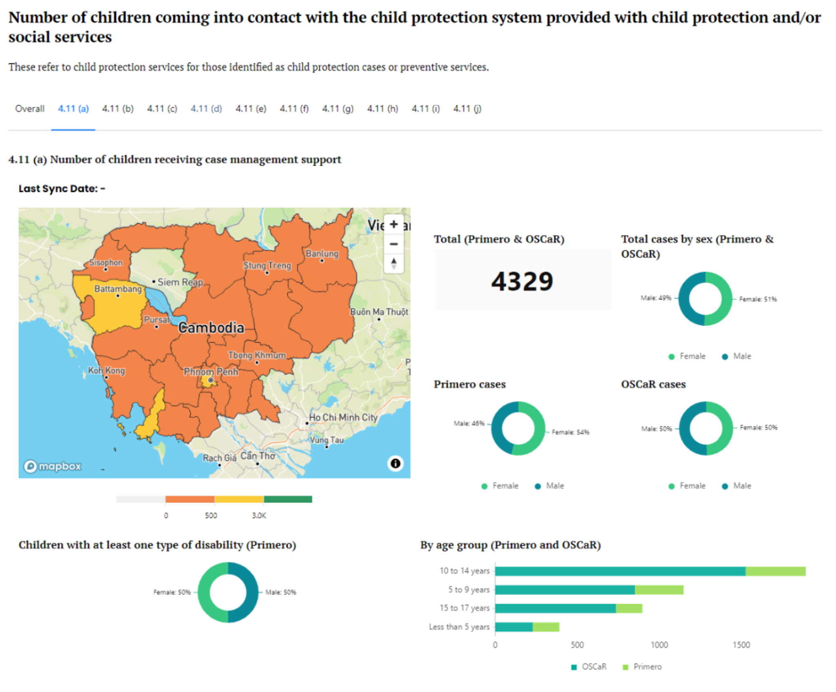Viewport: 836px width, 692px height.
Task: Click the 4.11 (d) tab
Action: point(206,109)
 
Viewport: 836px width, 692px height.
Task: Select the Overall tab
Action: point(30,109)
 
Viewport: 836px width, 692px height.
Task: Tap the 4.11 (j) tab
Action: point(467,109)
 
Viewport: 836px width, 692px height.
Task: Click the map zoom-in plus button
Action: point(394,224)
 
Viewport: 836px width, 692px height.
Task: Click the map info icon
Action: point(395,463)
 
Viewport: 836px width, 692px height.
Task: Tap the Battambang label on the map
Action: point(118,289)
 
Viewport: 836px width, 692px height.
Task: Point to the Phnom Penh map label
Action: point(211,371)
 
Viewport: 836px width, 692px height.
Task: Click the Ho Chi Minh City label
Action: point(343,418)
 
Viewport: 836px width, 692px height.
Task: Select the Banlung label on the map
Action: point(322,254)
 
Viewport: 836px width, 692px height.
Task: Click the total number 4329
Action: point(522,281)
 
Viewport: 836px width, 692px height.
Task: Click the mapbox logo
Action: point(53,466)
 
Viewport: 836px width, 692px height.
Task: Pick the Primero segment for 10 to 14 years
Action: point(775,571)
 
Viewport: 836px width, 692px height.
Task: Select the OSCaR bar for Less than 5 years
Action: point(514,627)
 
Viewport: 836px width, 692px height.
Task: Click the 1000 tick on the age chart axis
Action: point(659,645)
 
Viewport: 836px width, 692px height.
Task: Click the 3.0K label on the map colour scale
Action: point(259,515)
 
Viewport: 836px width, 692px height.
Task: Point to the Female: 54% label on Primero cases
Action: point(570,432)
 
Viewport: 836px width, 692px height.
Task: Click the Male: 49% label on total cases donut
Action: point(656,298)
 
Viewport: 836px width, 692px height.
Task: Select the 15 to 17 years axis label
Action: point(464,608)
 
